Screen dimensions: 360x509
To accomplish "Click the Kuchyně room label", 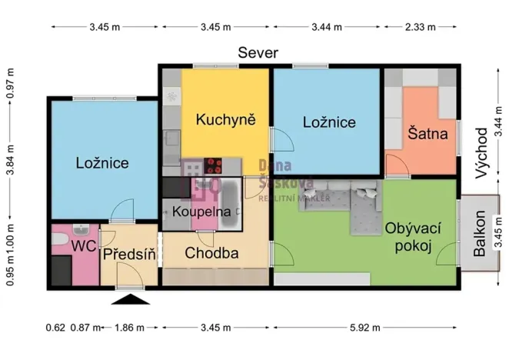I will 225,119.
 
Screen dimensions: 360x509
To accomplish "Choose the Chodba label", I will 211,253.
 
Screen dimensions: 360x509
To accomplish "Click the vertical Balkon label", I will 480,234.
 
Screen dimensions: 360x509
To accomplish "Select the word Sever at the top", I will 258,52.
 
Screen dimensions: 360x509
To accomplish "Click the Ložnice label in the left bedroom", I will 101,162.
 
